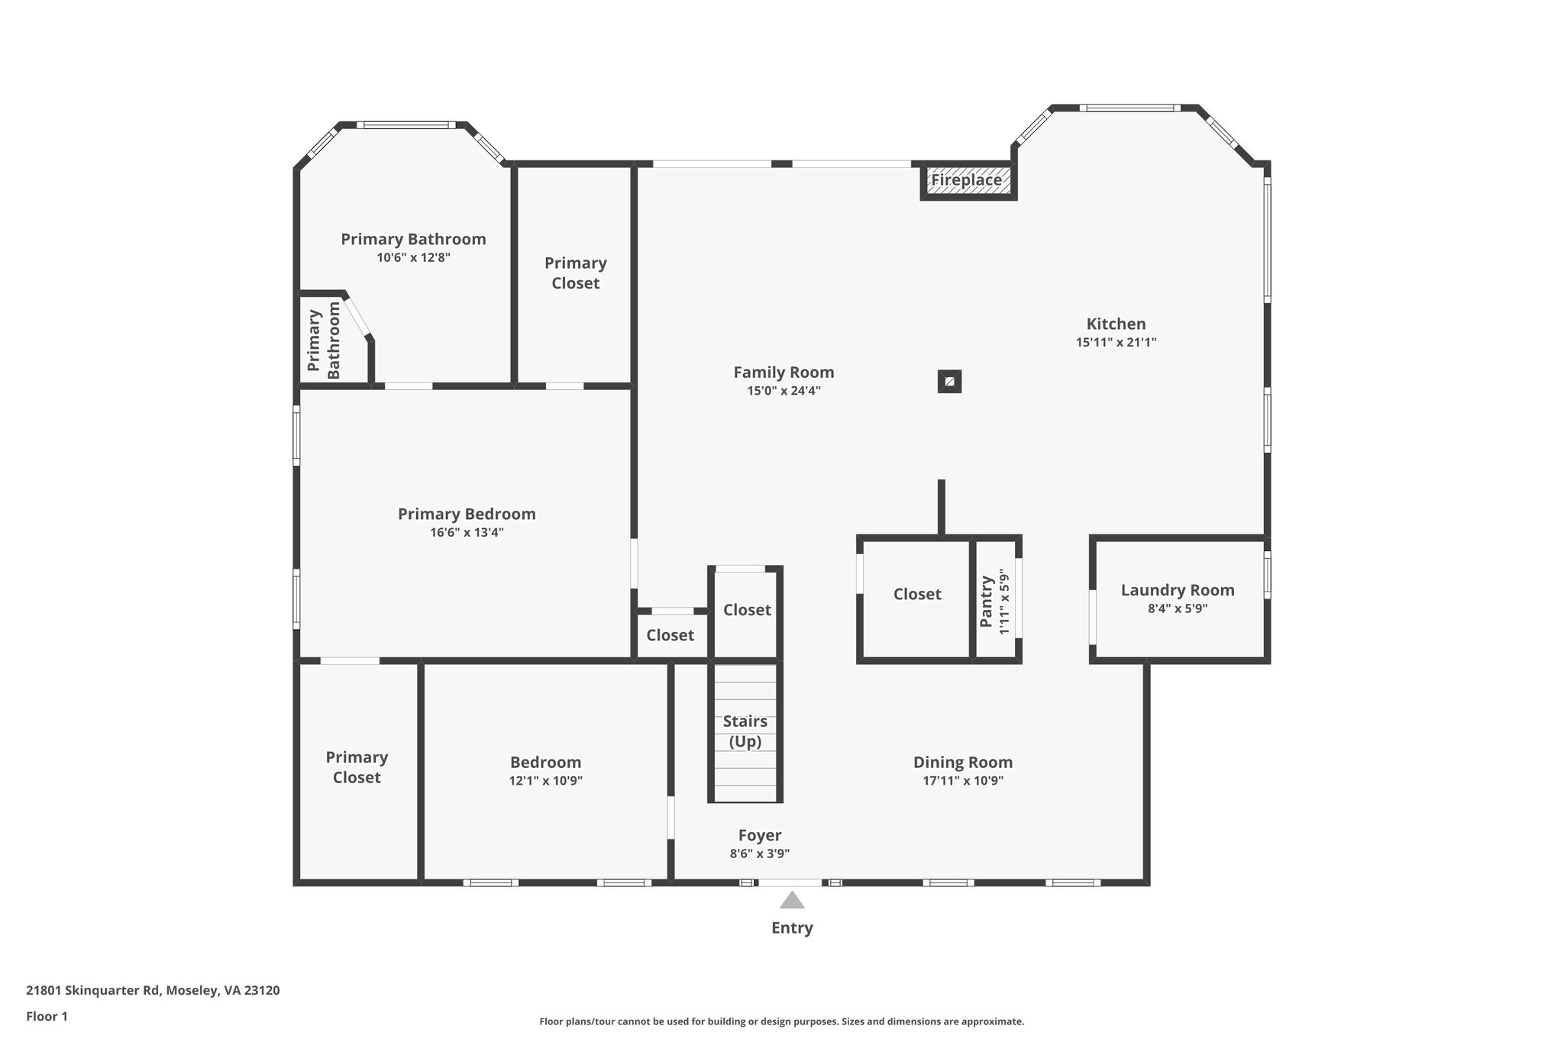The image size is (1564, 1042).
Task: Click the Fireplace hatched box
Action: coord(967,181)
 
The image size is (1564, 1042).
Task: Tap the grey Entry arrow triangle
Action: coord(792,901)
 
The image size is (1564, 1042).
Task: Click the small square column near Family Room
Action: coord(949,382)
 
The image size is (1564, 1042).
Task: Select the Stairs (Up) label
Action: coord(745,731)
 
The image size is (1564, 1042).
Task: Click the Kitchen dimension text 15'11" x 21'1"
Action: coord(1116,343)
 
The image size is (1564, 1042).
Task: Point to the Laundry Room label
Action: coord(1177,590)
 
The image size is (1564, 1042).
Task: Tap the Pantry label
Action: coord(986,602)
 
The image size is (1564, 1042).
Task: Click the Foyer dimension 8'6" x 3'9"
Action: coord(759,854)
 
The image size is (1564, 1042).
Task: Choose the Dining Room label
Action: coord(962,762)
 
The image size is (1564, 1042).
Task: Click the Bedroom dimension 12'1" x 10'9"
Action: coord(545,781)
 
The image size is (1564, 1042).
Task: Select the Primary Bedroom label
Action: coord(467,514)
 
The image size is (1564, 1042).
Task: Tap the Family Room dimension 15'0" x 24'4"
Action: coord(784,391)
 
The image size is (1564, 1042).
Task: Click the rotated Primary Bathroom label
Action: coord(324,340)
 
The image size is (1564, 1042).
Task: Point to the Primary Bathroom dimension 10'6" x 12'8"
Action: coord(413,258)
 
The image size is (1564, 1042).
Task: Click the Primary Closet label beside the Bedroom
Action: coord(357,767)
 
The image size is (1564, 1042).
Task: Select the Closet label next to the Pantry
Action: coord(916,594)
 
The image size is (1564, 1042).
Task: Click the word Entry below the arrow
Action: coord(792,928)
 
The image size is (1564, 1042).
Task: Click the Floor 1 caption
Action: coord(47,1016)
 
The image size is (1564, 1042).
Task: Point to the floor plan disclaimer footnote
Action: coord(781,1021)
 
